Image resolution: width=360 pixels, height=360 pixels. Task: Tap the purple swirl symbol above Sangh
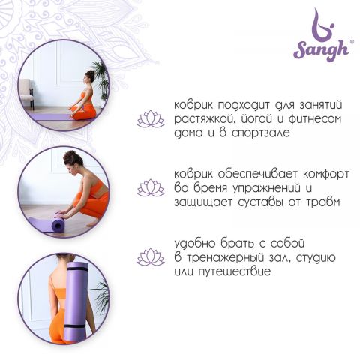tap(322, 24)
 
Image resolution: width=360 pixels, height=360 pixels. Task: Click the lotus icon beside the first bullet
tap(151, 119)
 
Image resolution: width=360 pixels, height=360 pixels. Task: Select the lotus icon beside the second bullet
tap(151, 188)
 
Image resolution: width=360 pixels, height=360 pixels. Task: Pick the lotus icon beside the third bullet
tap(151, 256)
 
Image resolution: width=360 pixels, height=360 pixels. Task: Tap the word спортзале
tap(260, 133)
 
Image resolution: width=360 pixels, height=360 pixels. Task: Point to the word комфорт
tap(326, 175)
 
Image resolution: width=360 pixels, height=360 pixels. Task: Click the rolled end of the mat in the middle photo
tap(58, 224)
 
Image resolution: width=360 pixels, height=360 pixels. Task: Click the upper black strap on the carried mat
tap(78, 269)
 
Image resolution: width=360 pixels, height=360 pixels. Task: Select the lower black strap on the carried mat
tap(76, 327)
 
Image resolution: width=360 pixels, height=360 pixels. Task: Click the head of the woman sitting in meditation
tap(89, 77)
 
